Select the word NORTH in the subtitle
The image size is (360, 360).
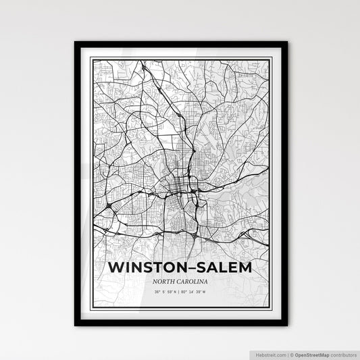click(x=166, y=281)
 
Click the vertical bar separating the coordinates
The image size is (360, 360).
click(x=181, y=291)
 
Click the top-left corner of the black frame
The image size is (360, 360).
click(x=76, y=43)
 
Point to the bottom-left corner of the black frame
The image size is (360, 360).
click(x=76, y=325)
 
